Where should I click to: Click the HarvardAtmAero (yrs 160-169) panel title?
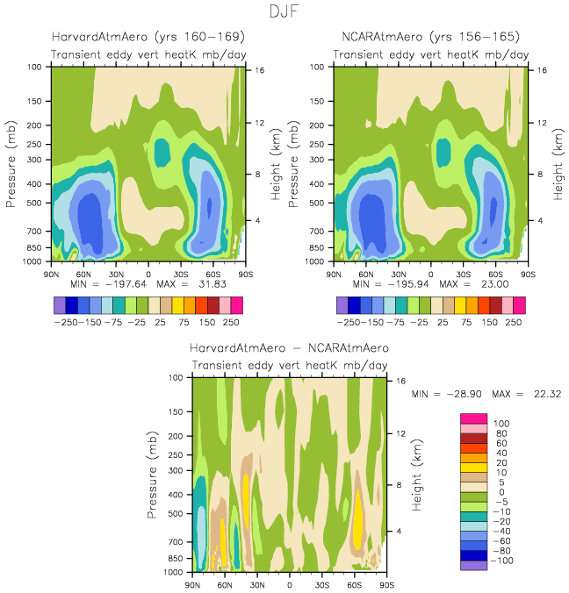click(148, 38)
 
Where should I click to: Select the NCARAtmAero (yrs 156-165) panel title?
click(430, 38)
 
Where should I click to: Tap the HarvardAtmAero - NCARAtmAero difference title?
click(289, 348)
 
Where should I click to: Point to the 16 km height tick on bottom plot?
click(400, 382)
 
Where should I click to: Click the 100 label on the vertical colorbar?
click(490, 424)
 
